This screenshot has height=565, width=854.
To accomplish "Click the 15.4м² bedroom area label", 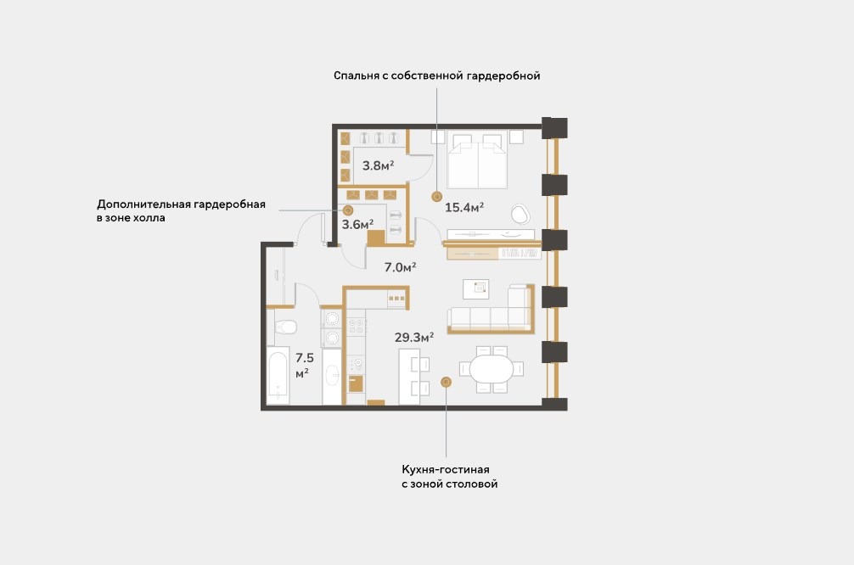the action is (464, 207).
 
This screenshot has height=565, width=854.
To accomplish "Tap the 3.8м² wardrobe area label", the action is (378, 165).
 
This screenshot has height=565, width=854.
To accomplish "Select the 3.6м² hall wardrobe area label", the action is (357, 224).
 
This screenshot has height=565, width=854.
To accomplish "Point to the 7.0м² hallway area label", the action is (400, 267).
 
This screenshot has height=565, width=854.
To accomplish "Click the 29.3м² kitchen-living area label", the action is (414, 338).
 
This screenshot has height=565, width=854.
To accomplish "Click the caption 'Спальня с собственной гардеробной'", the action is (437, 76).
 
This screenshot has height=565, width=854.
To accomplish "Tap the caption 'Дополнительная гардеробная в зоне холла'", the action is (181, 210).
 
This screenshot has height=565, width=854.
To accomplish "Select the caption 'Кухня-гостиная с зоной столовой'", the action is (449, 476).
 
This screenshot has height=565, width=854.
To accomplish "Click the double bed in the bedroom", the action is (477, 159).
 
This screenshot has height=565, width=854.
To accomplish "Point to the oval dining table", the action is (492, 369).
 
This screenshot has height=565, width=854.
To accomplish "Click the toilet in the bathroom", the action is (285, 327).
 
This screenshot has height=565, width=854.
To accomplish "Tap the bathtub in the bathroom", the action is (278, 376).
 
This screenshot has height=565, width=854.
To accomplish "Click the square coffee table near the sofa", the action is (476, 289).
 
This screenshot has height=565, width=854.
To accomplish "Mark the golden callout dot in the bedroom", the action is (436, 197).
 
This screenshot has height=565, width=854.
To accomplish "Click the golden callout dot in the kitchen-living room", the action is (446, 382).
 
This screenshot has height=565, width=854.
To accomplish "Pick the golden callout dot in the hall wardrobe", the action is (348, 210).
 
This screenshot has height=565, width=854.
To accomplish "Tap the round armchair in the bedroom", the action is (520, 214).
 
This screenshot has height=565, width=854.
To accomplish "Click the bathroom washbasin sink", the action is (332, 375).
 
